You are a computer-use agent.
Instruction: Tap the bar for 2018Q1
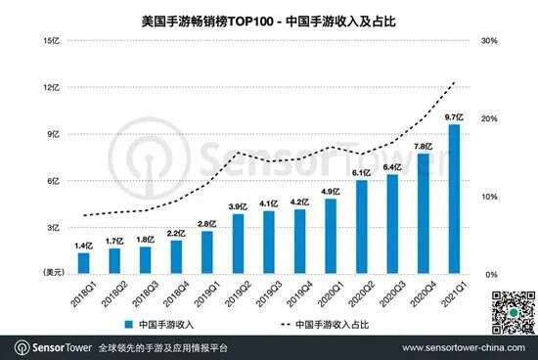tap(84, 262)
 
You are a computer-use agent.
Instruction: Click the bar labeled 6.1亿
tap(361, 227)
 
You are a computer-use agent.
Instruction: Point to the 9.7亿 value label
tap(453, 116)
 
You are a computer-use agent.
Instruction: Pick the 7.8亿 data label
tap(423, 146)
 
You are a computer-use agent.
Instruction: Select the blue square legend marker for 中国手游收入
tap(128, 322)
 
